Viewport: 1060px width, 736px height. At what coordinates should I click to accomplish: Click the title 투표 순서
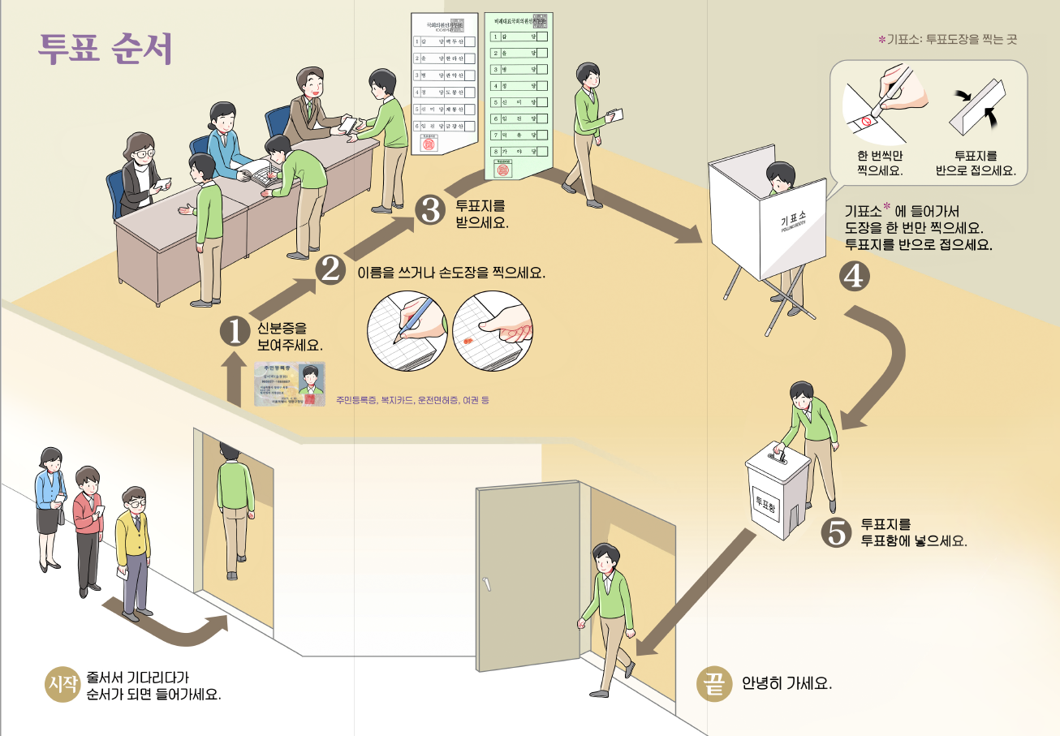point(105,49)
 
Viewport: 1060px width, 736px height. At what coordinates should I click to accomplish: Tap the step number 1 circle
point(235,331)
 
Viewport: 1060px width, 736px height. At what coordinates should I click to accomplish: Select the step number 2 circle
point(330,269)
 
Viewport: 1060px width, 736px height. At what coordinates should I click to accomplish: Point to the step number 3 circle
point(429,209)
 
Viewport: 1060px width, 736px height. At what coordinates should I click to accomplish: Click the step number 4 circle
point(854,277)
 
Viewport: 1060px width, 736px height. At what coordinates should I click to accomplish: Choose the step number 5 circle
point(836,532)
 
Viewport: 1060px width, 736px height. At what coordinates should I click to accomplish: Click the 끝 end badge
point(713,682)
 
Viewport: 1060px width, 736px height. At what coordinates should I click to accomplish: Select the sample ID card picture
point(290,383)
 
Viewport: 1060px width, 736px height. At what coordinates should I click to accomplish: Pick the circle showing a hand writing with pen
point(406,331)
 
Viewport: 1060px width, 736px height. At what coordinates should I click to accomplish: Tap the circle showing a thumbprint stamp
point(493,331)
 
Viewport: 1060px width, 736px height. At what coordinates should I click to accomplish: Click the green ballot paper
point(519,95)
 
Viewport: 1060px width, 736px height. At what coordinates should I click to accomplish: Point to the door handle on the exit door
point(488,584)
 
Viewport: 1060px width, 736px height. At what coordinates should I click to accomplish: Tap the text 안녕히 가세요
point(786,682)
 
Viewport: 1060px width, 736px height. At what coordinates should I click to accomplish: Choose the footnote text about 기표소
point(947,38)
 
